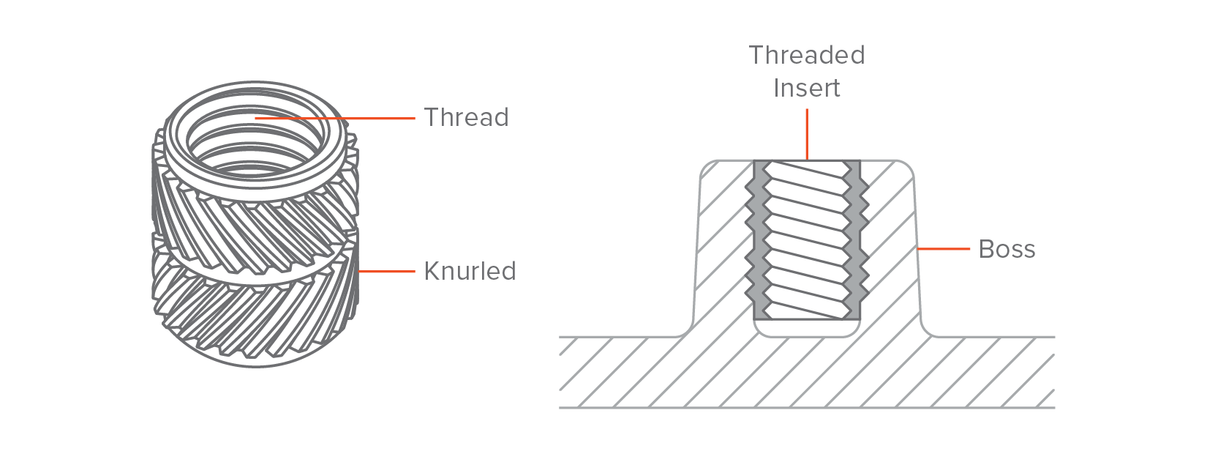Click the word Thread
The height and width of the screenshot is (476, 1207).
[466, 118]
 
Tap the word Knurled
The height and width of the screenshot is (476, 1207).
[470, 271]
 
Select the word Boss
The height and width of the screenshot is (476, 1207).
[1007, 249]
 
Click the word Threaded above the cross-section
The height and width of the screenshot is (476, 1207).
[807, 55]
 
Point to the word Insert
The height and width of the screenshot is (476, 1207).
[807, 88]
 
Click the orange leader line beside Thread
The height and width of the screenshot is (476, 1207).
[334, 118]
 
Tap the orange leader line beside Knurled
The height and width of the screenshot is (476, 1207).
[386, 271]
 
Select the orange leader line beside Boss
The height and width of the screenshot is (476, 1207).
[944, 249]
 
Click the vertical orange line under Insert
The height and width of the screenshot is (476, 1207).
[807, 135]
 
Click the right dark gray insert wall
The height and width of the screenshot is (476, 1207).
[856, 239]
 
